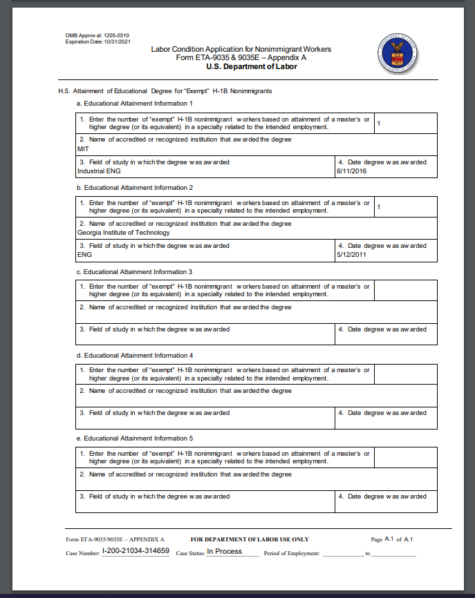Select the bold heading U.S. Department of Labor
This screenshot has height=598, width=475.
tap(241, 66)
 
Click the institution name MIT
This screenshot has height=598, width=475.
tap(84, 148)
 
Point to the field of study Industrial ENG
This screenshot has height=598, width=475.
tap(100, 171)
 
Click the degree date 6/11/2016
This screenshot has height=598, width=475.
tap(351, 171)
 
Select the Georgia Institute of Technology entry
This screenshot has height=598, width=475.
tap(124, 233)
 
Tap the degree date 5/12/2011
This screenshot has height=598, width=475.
tap(351, 255)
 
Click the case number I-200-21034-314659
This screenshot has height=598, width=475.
tap(136, 551)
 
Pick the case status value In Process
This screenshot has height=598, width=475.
tap(224, 551)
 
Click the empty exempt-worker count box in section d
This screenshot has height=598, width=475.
tap(405, 374)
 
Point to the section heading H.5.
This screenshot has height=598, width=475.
tap(66, 91)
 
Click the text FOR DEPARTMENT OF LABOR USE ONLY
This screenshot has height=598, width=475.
tap(250, 539)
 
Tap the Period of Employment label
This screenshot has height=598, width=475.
tap(291, 553)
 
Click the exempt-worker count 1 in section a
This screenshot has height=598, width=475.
tap(380, 123)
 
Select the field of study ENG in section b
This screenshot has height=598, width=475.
tap(85, 255)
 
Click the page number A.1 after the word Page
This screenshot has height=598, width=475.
tap(389, 539)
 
